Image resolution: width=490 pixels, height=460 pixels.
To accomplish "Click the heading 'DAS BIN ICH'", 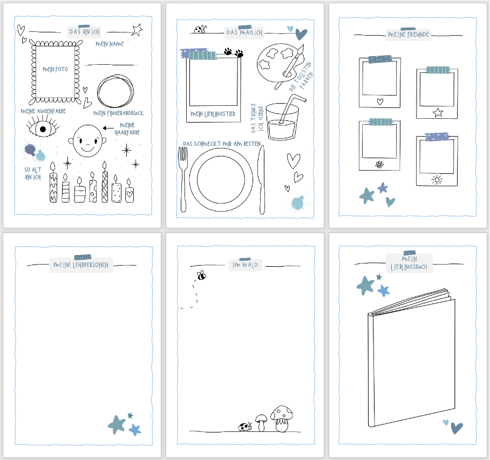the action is click(84, 32).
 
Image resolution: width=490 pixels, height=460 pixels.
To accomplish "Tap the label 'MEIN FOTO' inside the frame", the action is click(55, 69).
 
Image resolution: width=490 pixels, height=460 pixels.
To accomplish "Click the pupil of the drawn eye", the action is click(43, 129).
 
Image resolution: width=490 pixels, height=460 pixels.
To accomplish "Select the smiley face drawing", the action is click(87, 141).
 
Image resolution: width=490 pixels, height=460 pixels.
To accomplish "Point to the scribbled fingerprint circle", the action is click(115, 91).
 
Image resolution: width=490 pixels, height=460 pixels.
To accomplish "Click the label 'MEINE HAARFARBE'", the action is click(127, 129).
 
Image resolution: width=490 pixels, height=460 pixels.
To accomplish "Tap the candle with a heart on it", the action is click(130, 191).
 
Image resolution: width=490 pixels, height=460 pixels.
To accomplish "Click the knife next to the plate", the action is click(261, 180).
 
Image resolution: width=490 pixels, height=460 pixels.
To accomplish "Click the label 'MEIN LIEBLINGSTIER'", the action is click(213, 114).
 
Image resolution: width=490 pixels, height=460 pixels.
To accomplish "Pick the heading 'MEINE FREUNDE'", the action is click(408, 35).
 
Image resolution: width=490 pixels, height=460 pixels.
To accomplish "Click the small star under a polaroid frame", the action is click(438, 112).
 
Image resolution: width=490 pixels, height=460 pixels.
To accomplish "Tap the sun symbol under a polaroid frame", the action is click(437, 180).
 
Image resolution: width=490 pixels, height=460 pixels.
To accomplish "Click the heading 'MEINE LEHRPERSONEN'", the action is click(81, 265).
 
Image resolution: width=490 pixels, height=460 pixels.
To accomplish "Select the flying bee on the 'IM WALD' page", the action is click(202, 275).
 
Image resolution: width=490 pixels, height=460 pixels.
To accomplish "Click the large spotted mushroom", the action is click(282, 419).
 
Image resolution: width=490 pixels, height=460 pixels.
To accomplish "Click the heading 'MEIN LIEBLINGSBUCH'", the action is click(409, 263).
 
